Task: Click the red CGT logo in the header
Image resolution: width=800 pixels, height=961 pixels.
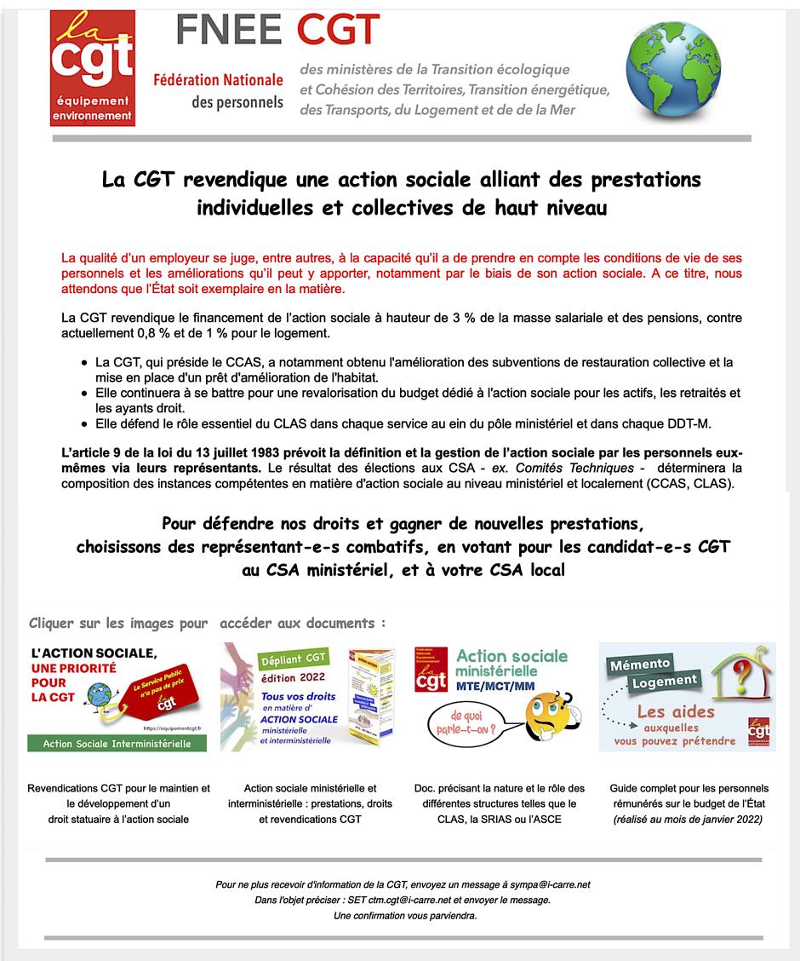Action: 92,67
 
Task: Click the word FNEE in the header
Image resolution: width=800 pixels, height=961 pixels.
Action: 228,31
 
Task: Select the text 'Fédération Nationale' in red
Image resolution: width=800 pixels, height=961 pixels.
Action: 218,80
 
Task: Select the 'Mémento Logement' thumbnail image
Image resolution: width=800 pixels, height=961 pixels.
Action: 687,696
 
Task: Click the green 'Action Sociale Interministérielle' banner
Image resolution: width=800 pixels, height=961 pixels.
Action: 117,743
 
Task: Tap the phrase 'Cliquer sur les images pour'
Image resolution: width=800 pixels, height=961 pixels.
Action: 117,623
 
